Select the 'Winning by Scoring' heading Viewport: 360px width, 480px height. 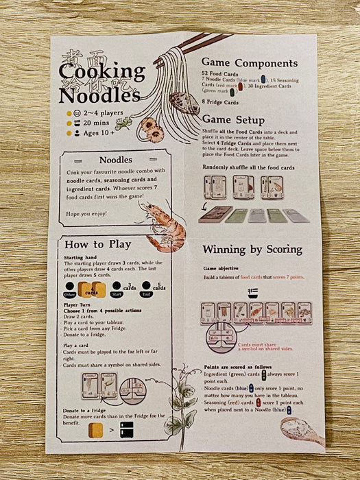click(252, 249)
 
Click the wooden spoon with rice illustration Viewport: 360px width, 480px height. click(300, 430)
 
